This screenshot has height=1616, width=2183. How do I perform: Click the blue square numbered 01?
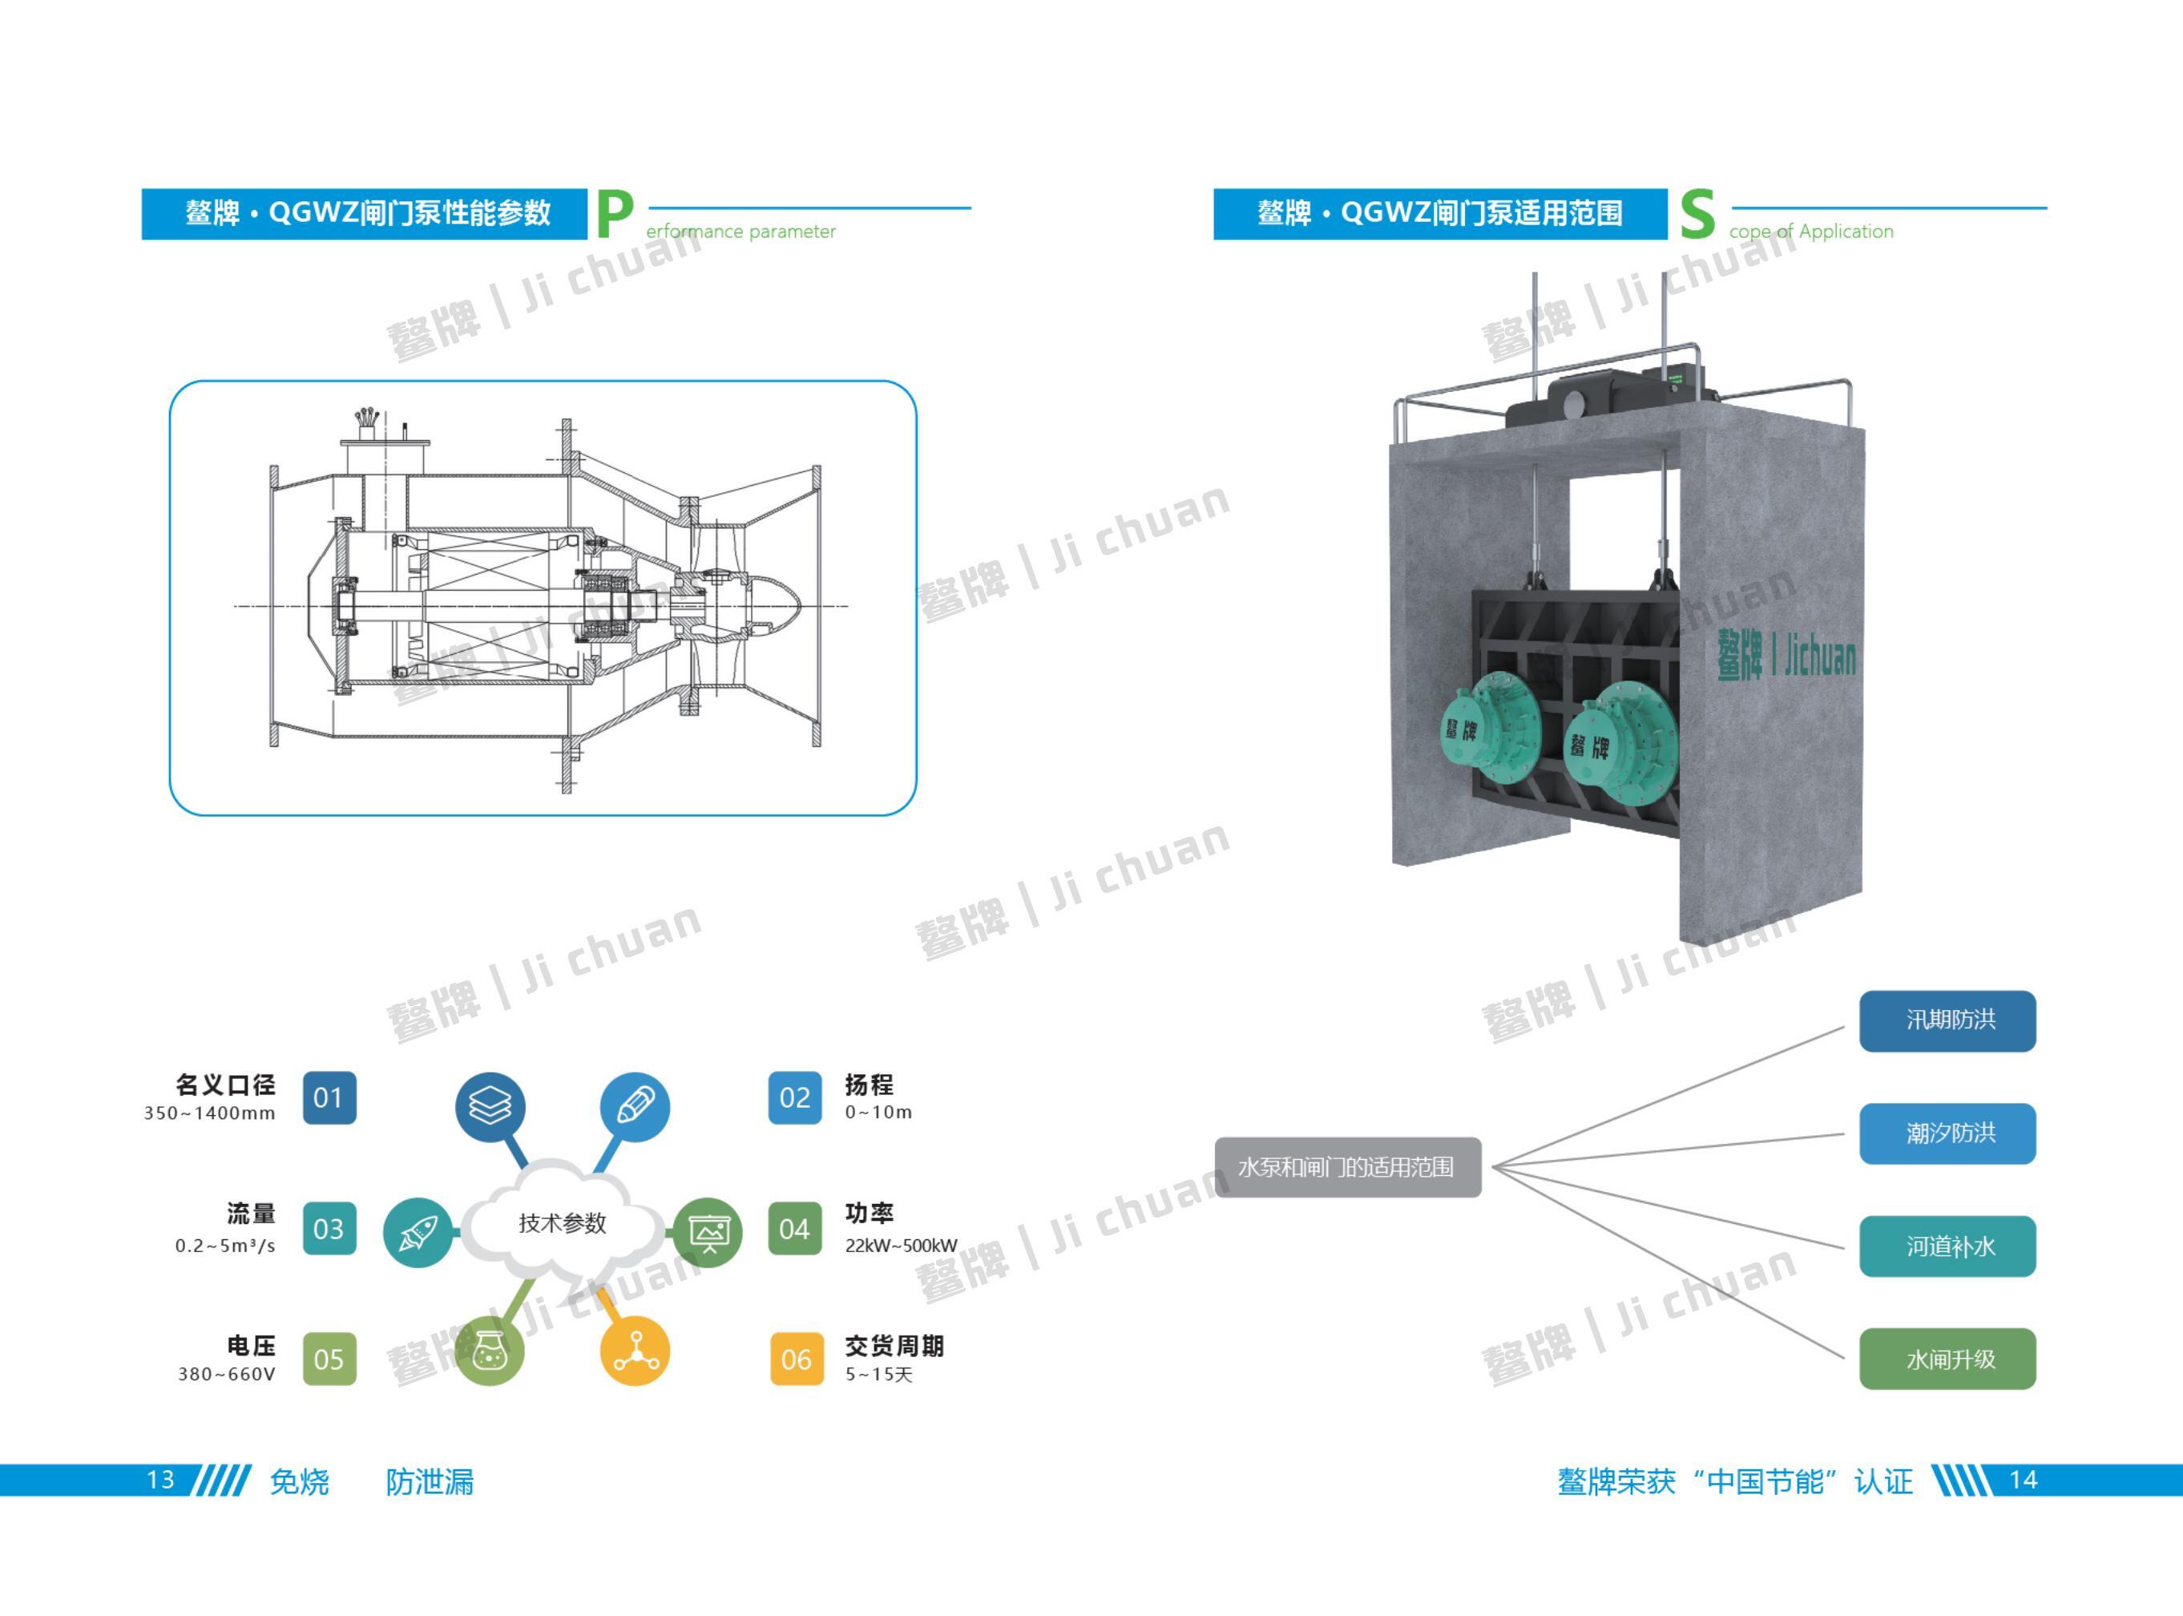click(x=329, y=1097)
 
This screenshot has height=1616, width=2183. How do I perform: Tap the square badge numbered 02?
click(x=794, y=1097)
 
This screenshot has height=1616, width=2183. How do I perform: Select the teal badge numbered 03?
click(x=329, y=1229)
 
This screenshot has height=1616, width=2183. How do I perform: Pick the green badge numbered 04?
click(x=794, y=1229)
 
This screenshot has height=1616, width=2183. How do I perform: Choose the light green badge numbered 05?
click(x=329, y=1359)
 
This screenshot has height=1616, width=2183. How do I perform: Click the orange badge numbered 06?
click(x=795, y=1359)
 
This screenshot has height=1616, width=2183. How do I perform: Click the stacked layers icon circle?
click(x=490, y=1106)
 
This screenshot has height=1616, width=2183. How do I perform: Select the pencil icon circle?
click(x=635, y=1106)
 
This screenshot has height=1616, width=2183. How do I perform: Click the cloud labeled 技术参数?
click(x=563, y=1222)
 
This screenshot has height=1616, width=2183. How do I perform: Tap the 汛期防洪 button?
click(x=1947, y=1020)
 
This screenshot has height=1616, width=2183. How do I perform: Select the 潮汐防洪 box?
click(x=1947, y=1133)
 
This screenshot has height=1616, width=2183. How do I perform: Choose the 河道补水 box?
click(x=1947, y=1246)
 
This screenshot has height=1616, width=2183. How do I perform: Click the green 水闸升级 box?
click(x=1947, y=1359)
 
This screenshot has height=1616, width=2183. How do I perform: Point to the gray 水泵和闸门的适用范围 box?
click(x=1347, y=1167)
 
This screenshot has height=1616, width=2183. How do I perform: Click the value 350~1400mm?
click(x=209, y=1113)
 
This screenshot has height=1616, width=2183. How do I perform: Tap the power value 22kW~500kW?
click(x=901, y=1245)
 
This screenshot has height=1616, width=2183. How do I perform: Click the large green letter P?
click(x=614, y=214)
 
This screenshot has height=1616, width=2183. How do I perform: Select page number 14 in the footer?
click(x=2023, y=1480)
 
